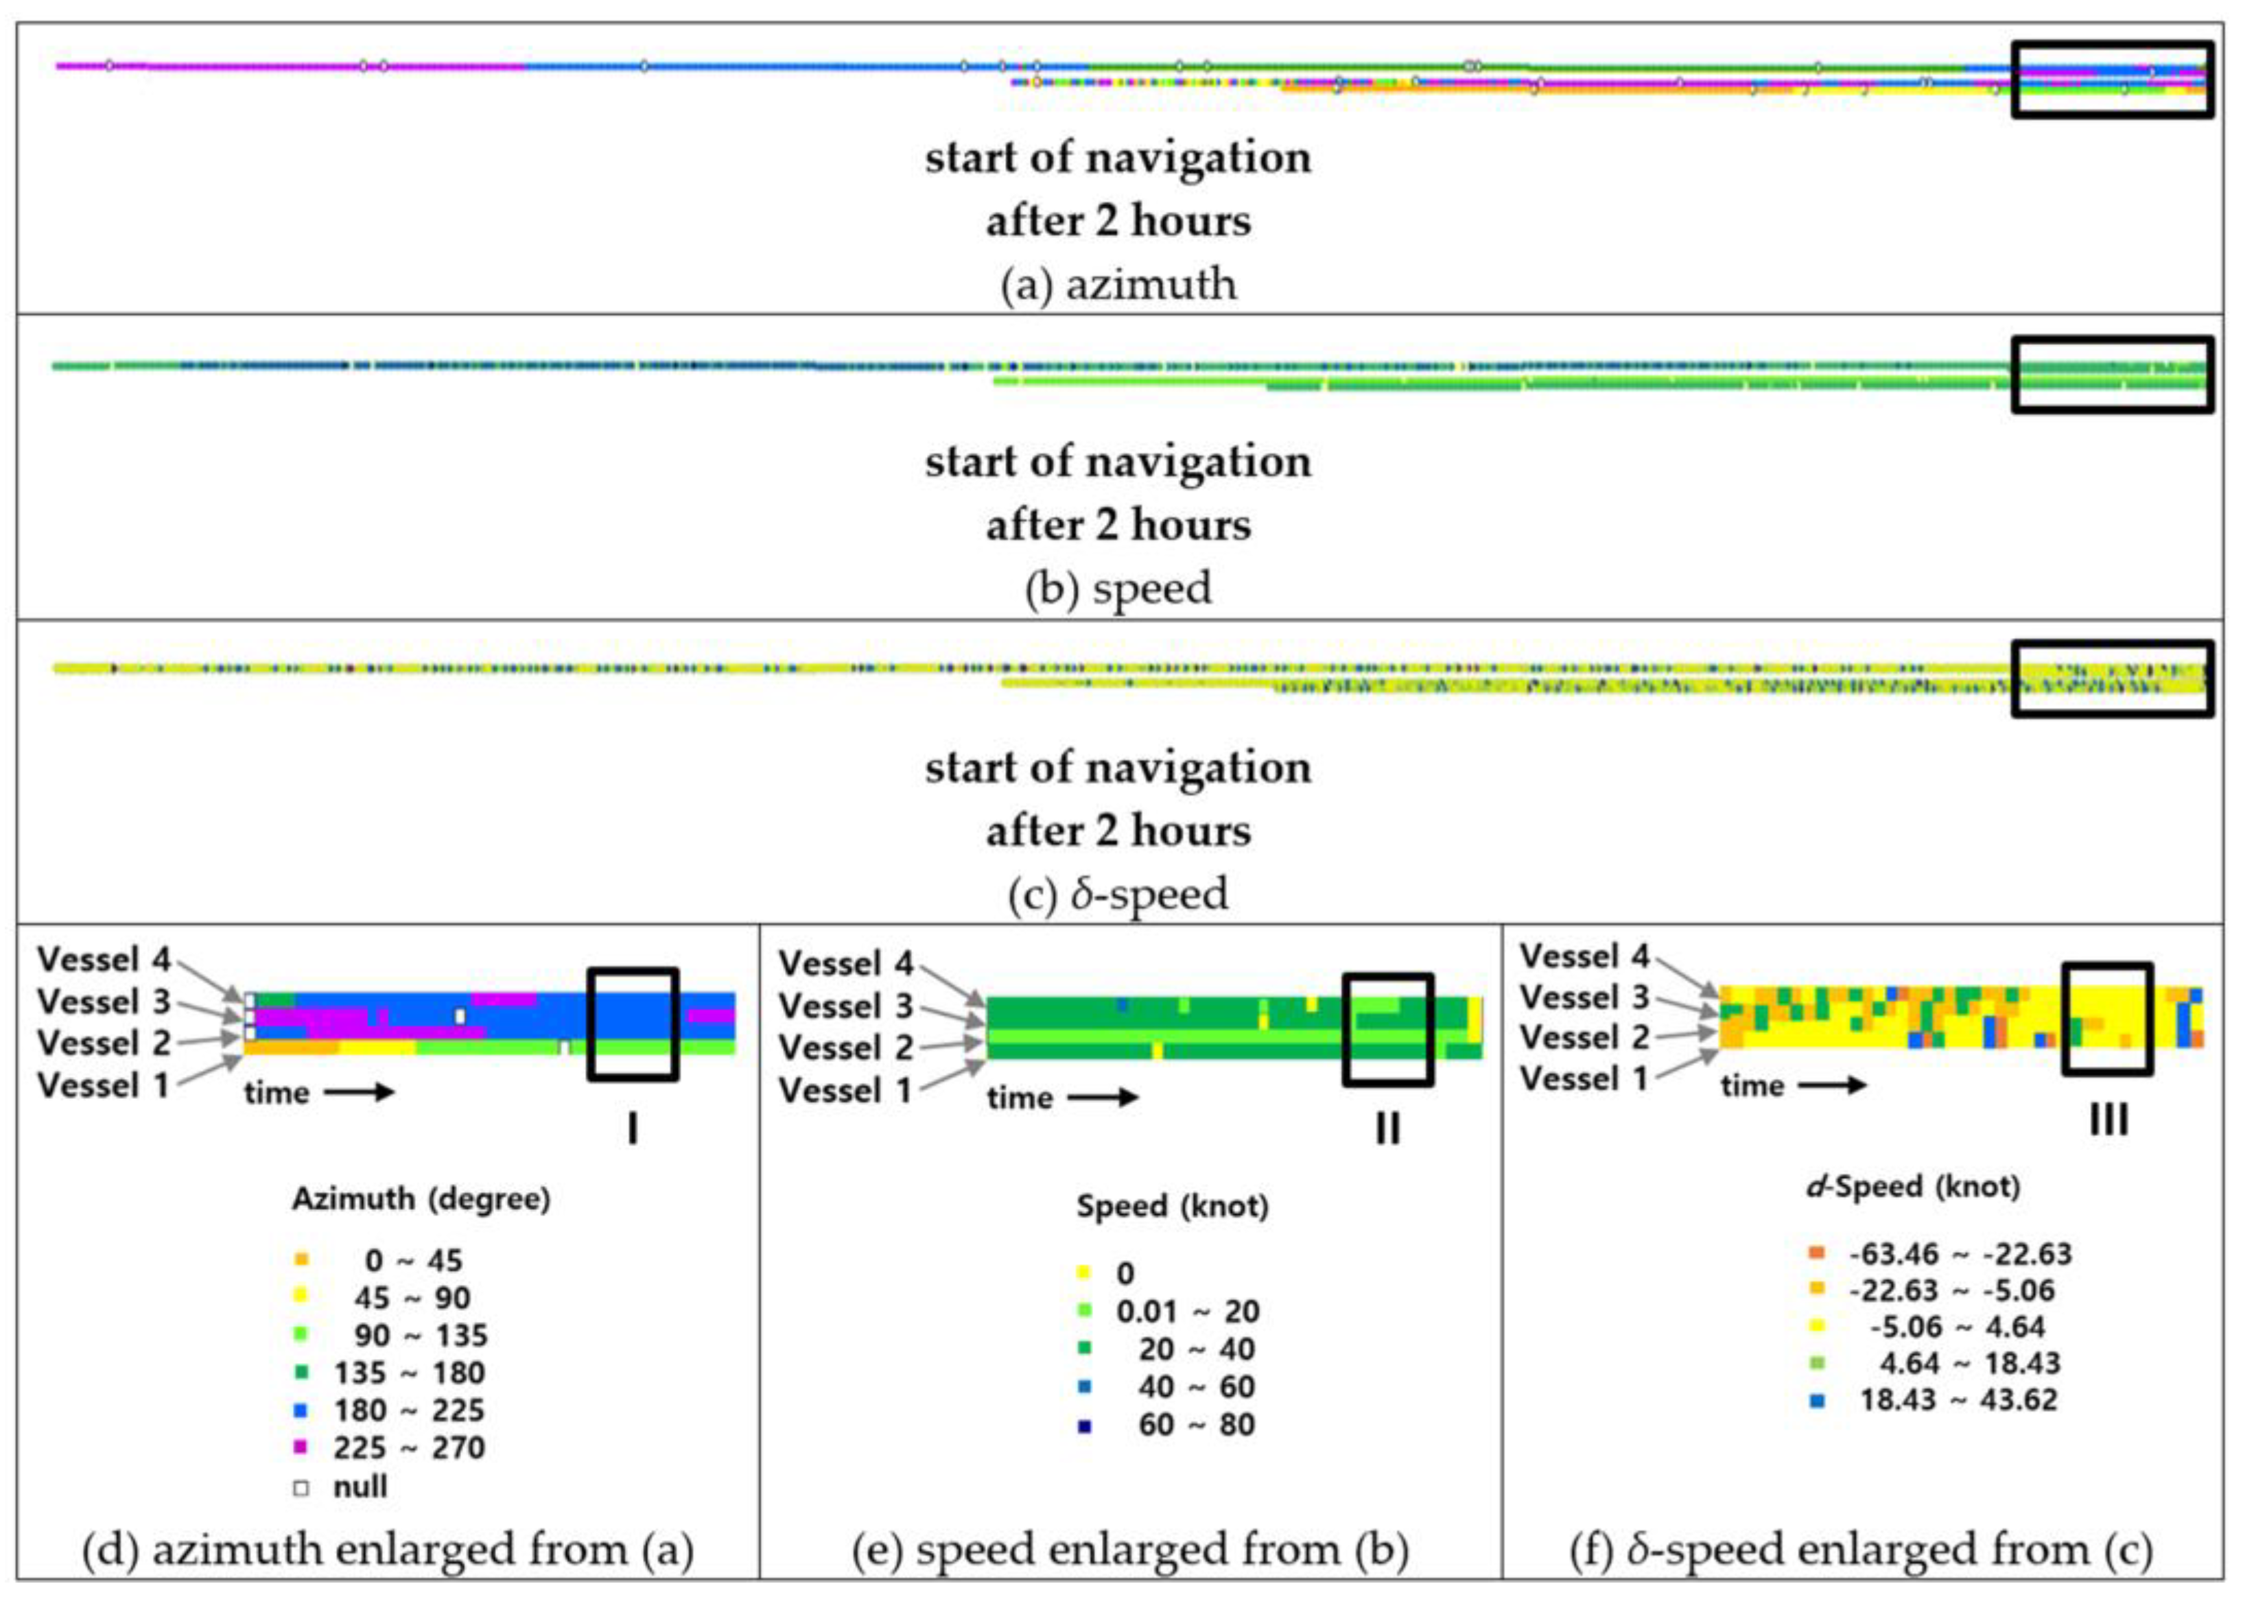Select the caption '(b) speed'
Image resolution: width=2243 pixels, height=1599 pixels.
(1118, 589)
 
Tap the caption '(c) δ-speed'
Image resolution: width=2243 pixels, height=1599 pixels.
(1118, 894)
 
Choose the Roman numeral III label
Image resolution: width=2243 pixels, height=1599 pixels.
(2108, 1120)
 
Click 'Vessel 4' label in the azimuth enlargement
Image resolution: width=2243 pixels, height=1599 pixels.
(104, 959)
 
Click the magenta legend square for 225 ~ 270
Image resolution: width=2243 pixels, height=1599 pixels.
(301, 1447)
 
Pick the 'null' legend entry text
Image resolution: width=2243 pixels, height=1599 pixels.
(360, 1486)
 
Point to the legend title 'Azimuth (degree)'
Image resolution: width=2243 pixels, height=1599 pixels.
(421, 1198)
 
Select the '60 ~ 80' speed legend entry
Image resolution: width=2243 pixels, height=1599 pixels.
(1195, 1425)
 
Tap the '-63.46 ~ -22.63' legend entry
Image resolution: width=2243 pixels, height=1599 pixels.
(1960, 1255)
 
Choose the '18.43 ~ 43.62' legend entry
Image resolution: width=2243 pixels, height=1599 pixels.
(1958, 1399)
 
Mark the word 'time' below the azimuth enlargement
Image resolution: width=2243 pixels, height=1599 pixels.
(277, 1092)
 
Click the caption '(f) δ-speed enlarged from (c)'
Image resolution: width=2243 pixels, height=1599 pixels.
(1861, 1550)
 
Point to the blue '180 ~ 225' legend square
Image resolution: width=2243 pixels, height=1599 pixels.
(301, 1410)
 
